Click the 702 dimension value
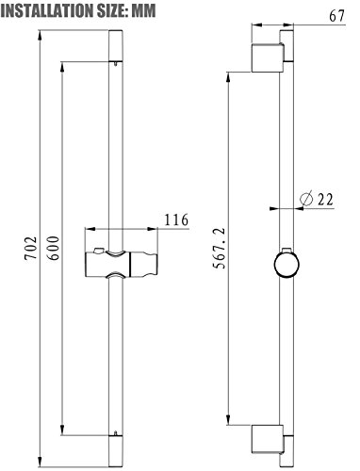tap(31, 248)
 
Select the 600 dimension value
tap(54, 248)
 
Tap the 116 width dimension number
tap(176, 219)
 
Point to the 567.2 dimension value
tap(220, 249)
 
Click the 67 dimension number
tap(337, 16)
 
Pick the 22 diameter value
tap(325, 199)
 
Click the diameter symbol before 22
tap(306, 199)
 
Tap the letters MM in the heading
tap(143, 10)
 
